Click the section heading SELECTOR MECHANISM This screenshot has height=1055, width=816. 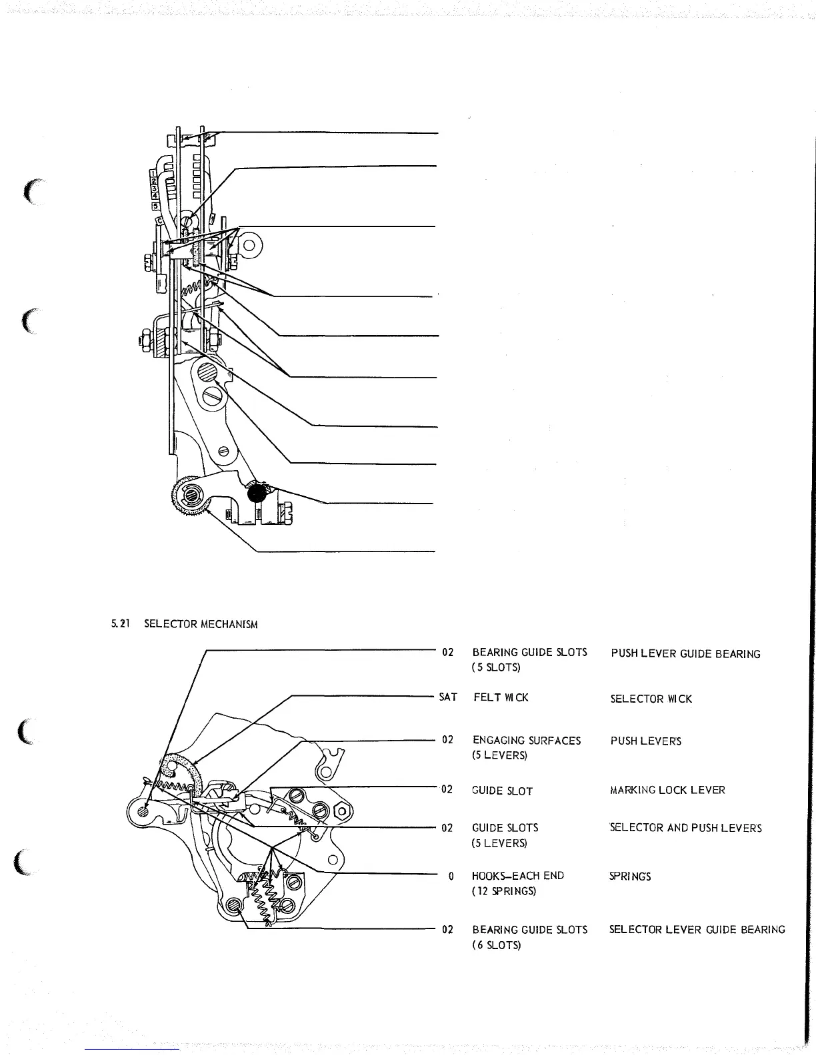201,624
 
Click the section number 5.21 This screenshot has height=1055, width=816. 119,624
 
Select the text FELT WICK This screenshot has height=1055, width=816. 501,697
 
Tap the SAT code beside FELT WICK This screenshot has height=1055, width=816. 448,697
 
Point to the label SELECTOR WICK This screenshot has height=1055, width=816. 651,699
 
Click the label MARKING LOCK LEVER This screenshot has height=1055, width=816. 667,791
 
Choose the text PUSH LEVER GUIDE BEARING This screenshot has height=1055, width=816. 685,654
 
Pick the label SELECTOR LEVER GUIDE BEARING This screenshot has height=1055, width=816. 697,930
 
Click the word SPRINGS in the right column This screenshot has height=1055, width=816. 629,877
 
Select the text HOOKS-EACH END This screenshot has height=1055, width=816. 517,876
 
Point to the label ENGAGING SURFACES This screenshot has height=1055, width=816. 526,741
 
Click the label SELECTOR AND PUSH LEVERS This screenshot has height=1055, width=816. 685,828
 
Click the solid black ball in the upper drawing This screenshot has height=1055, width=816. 257,494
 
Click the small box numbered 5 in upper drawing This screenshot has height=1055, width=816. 155,206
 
